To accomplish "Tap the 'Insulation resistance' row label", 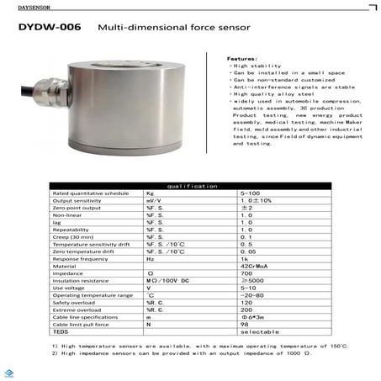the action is coord(81,280).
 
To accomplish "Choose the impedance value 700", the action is coord(246,273).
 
